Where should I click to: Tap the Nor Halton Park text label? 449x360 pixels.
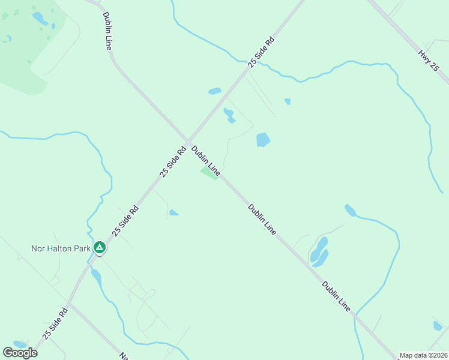pos(61,247)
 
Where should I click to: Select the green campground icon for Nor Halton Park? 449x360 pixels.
pos(100,247)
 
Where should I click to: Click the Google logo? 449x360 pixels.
pos(20,352)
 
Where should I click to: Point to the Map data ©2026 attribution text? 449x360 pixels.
pos(423,355)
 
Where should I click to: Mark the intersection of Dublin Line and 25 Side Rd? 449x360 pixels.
pos(188,142)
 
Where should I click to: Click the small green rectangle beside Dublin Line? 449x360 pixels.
pos(209,173)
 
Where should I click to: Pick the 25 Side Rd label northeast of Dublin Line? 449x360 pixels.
pos(262,51)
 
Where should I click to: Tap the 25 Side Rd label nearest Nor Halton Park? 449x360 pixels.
pos(125,220)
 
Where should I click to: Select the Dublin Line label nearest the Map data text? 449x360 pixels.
pos(336,296)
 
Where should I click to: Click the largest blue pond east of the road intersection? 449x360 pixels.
pos(263,140)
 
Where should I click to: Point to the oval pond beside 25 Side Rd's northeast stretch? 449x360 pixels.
pos(215,91)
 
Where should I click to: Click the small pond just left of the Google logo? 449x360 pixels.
pos(19,344)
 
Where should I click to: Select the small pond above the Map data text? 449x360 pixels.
pos(438,326)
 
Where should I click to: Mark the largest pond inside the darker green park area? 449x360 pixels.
pos(39,18)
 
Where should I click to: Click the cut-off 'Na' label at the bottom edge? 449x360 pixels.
pos(124,356)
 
